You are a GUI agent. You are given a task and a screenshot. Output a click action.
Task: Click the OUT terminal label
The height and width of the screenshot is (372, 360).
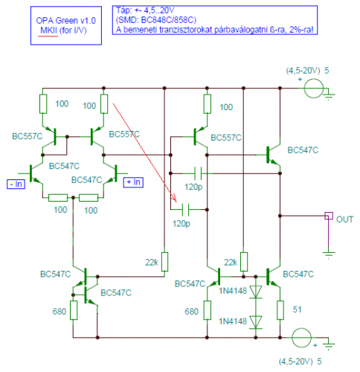(x=344, y=219)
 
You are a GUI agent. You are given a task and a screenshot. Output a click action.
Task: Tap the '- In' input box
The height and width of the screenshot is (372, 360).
(x=16, y=185)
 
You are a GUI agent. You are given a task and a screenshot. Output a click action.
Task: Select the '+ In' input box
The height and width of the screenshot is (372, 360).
(x=133, y=182)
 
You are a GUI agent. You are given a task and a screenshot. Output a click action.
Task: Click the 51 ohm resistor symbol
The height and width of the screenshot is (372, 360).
(x=280, y=310)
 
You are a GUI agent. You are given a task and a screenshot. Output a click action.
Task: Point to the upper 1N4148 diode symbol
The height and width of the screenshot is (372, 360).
(x=256, y=292)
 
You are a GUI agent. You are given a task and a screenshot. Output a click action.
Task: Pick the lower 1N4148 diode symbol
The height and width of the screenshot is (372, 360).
(x=256, y=322)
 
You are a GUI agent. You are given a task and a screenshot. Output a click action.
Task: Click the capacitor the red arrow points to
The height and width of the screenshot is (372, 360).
(x=185, y=210)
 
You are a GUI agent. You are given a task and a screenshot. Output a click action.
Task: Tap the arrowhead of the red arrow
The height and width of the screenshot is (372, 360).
(x=175, y=199)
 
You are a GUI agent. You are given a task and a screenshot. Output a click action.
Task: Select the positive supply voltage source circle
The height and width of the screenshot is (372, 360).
(x=314, y=89)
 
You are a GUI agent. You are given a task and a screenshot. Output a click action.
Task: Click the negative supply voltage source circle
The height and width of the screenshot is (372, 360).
(x=301, y=338)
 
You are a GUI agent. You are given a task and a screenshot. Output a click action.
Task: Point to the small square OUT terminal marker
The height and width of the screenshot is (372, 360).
(x=329, y=216)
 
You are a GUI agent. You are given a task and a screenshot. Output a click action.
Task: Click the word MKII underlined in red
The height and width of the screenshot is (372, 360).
(x=48, y=31)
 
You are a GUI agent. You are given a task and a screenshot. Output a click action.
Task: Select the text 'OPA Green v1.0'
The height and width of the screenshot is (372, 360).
(x=66, y=20)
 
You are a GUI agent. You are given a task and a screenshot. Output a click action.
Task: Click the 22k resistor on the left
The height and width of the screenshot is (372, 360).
(x=164, y=262)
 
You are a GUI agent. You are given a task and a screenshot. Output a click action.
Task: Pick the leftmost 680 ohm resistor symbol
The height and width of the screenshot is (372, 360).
(x=74, y=310)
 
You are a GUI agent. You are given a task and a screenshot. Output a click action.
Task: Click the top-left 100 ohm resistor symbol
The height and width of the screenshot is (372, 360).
(x=43, y=104)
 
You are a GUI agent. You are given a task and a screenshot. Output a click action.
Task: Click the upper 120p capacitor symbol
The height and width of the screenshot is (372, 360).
(x=198, y=173)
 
